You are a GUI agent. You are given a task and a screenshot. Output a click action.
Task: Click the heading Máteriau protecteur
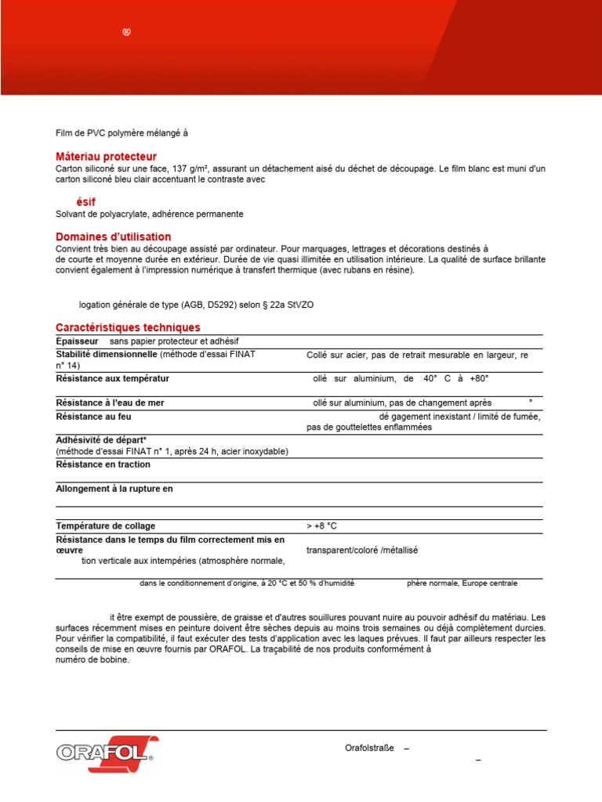pyautogui.click(x=106, y=157)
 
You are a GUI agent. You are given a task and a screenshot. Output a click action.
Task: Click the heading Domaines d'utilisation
pyautogui.click(x=113, y=237)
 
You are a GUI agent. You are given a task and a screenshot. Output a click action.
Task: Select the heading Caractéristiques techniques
pyautogui.click(x=128, y=327)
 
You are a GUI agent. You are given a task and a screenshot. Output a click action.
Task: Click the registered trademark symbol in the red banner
pyautogui.click(x=126, y=31)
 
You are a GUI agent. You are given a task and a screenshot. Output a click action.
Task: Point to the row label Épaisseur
pyautogui.click(x=77, y=341)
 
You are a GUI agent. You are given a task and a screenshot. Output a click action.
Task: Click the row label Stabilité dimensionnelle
pyautogui.click(x=107, y=354)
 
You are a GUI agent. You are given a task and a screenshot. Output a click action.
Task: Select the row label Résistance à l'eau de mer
pyautogui.click(x=110, y=403)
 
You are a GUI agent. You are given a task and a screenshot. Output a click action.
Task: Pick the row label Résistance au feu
pyautogui.click(x=93, y=417)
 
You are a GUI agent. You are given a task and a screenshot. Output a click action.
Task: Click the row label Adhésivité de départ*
pyautogui.click(x=101, y=440)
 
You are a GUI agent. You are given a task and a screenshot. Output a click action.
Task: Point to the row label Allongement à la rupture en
pyautogui.click(x=114, y=489)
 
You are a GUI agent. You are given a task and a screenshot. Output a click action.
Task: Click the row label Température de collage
pyautogui.click(x=105, y=526)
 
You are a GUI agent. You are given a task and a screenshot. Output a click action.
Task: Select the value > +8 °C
pyautogui.click(x=321, y=526)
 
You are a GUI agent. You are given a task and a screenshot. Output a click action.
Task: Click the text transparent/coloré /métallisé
pyautogui.click(x=362, y=550)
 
